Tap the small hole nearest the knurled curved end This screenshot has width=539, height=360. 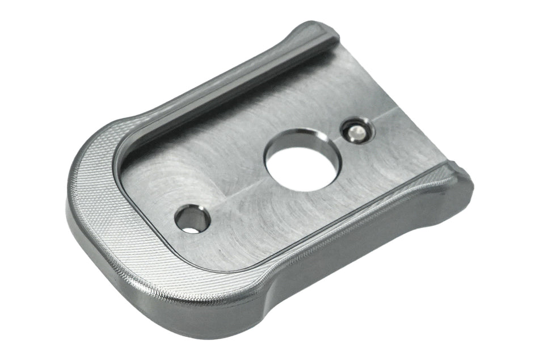[192, 220]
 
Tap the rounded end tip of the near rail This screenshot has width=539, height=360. [461, 175]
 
